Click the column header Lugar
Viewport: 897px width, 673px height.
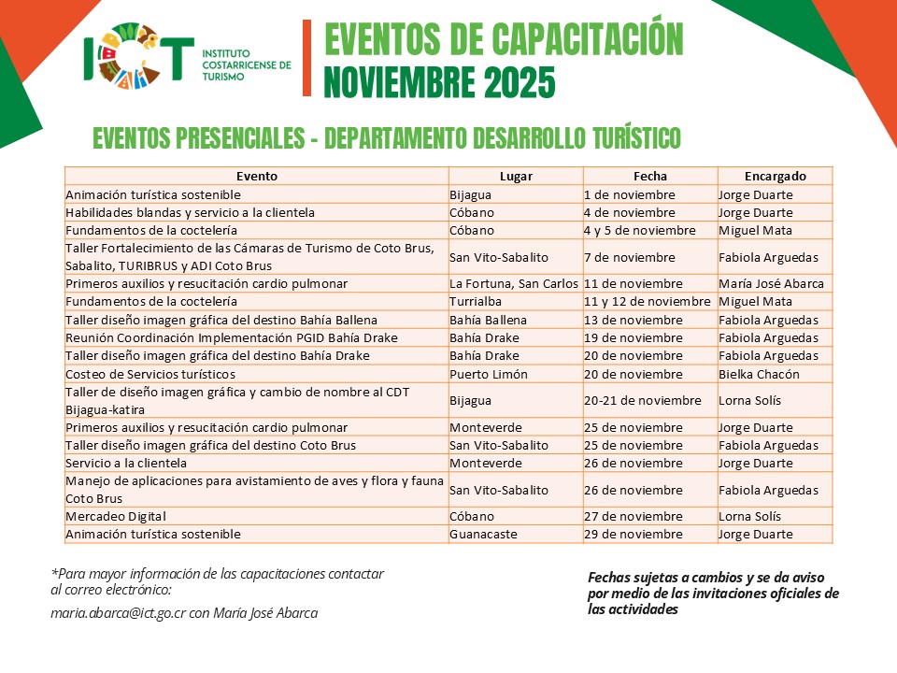[516, 176]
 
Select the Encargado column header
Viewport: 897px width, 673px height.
[775, 176]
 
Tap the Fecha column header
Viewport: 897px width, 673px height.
[650, 176]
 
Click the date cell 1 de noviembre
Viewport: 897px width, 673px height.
[629, 194]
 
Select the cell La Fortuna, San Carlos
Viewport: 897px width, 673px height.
[513, 283]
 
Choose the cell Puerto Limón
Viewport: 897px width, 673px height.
[489, 374]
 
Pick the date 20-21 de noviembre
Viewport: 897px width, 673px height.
[642, 400]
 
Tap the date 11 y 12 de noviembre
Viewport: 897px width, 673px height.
[648, 302]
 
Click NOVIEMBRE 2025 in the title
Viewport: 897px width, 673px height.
[439, 83]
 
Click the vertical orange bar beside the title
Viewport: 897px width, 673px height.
[307, 58]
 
